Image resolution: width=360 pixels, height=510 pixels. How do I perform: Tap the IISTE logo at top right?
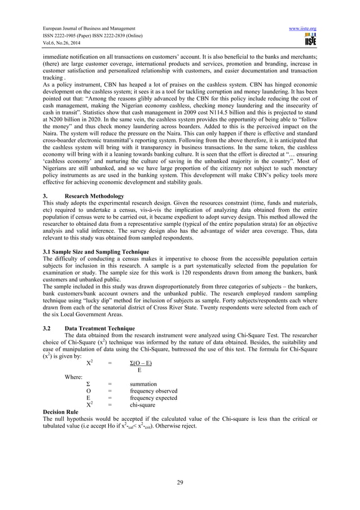(326, 41)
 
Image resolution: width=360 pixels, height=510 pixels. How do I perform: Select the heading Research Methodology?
(91, 196)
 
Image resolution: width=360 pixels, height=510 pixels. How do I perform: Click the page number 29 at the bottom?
(180, 481)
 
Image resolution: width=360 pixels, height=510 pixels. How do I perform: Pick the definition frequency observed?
(153, 391)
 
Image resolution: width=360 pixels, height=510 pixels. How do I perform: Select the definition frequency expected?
(153, 398)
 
